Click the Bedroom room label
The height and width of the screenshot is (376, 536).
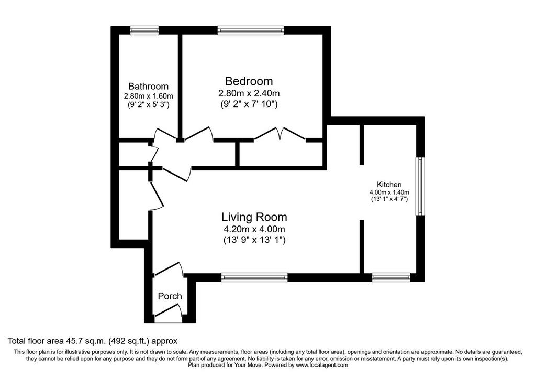[x=249, y=81]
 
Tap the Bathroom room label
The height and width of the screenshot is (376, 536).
[x=148, y=87]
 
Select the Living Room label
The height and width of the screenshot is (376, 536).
[x=254, y=217]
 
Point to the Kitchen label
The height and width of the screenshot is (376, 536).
[x=389, y=184]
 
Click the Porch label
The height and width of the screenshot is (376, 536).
[x=170, y=296]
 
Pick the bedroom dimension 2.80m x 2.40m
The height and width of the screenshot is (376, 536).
[x=249, y=93]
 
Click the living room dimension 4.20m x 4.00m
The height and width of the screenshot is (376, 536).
[x=254, y=229]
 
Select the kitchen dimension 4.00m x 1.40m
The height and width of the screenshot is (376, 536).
[x=389, y=192]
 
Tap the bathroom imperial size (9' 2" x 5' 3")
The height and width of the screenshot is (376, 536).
[x=148, y=104]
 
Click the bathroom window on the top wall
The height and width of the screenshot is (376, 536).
[x=144, y=30]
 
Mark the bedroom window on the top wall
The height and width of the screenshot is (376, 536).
[x=251, y=30]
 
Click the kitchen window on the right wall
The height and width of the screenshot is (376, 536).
[x=420, y=186]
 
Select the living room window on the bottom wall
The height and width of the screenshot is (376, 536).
[x=254, y=277]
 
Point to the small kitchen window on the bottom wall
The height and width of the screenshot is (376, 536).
[x=391, y=277]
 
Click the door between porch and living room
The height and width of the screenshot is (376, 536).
[x=168, y=269]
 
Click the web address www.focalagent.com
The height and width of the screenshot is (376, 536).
[x=322, y=365]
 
